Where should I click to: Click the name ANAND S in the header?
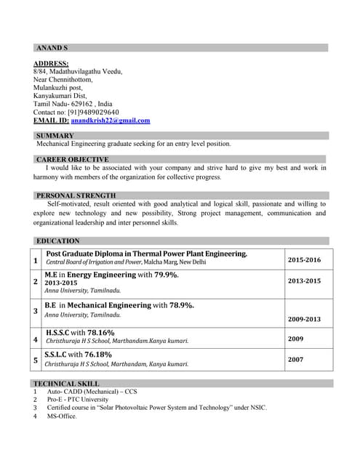tap(52, 48)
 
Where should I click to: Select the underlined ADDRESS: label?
tap(51, 64)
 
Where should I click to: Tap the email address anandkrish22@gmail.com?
tap(111, 121)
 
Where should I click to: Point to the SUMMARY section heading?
tap(55, 136)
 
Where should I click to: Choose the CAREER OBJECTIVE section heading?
tap(73, 159)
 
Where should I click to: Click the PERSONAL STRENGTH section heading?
tap(76, 195)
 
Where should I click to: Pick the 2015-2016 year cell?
tap(304, 259)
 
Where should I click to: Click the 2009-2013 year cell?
tap(304, 319)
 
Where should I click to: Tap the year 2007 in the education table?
tap(296, 359)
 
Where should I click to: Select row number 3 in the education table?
tap(36, 311)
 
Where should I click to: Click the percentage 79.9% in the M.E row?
tap(166, 275)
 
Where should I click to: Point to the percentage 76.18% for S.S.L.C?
tap(96, 354)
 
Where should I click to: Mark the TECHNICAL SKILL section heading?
tap(68, 384)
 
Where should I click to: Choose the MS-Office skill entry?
tap(62, 416)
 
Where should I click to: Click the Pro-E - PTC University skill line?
tap(78, 400)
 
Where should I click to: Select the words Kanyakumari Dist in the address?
tap(60, 96)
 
